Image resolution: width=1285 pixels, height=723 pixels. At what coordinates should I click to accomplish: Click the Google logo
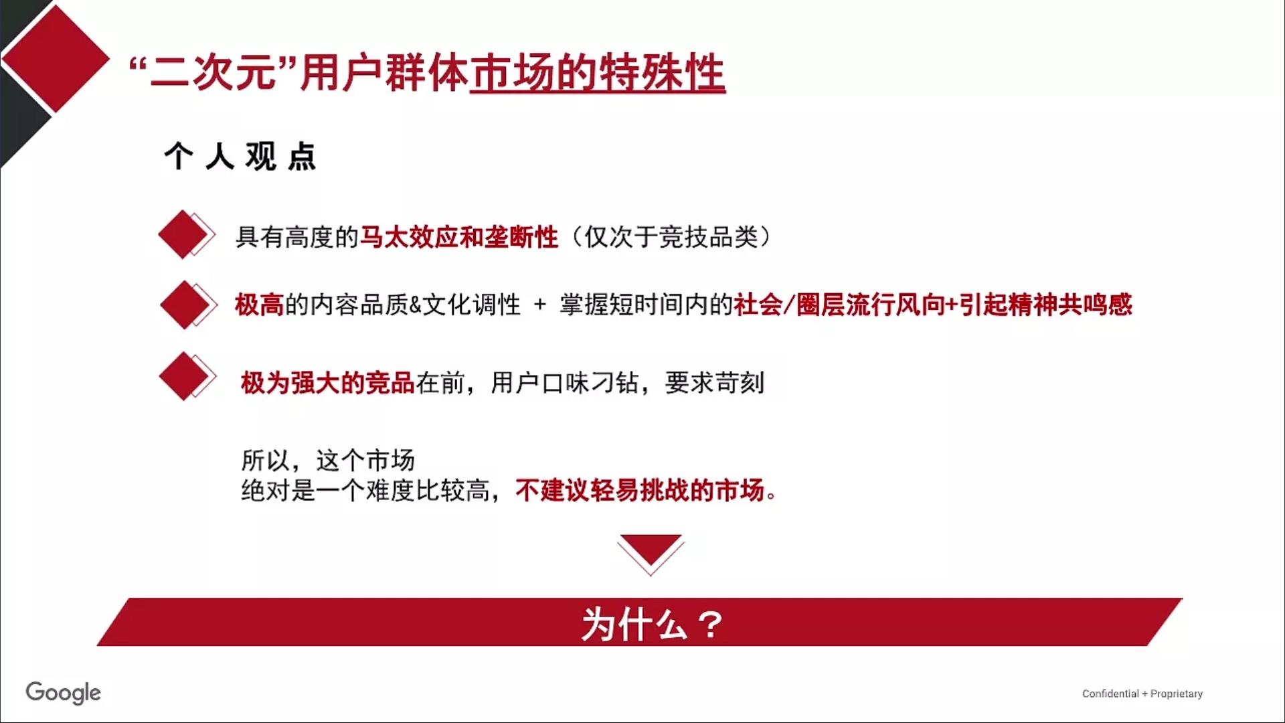click(x=64, y=693)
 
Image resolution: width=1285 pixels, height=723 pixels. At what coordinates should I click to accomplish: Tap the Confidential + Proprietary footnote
click(x=1142, y=694)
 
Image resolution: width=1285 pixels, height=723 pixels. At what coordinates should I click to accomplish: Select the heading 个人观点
click(x=240, y=157)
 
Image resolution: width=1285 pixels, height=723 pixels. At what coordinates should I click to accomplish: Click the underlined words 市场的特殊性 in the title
click(x=598, y=73)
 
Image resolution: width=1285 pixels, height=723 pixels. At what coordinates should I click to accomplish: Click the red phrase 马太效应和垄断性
click(x=459, y=237)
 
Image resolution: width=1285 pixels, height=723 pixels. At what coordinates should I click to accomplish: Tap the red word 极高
click(x=260, y=305)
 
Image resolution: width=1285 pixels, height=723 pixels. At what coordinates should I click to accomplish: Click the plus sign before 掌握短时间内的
click(x=539, y=306)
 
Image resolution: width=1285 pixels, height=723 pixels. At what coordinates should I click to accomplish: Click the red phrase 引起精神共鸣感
click(x=1045, y=305)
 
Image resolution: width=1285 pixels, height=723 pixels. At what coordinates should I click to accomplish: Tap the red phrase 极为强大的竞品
click(x=328, y=383)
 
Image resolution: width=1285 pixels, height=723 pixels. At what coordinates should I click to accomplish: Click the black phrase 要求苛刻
click(x=715, y=383)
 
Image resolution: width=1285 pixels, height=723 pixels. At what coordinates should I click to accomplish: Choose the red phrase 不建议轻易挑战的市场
click(x=640, y=490)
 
